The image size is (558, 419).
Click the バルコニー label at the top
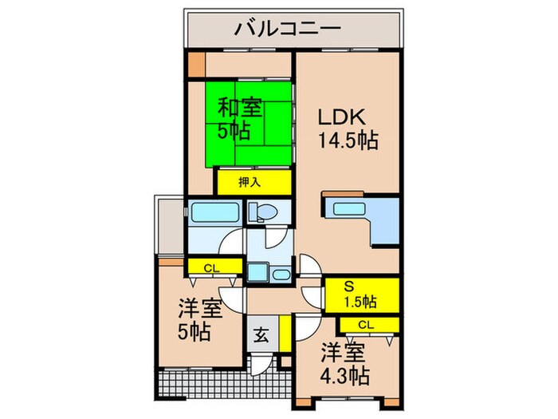[x=288, y=30]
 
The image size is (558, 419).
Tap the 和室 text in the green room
[x=239, y=106]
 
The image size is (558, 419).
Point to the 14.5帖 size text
[x=348, y=141]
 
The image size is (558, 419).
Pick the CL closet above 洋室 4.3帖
[x=366, y=324]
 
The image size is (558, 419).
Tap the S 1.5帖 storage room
[x=360, y=294]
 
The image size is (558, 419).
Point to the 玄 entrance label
[x=261, y=334]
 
